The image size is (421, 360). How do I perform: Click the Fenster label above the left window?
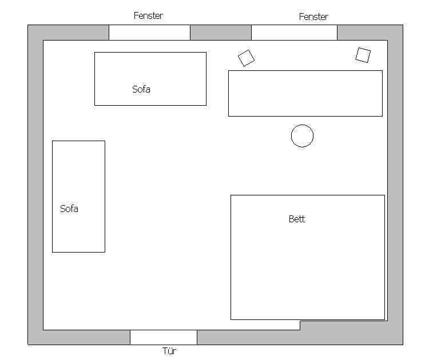click(x=148, y=15)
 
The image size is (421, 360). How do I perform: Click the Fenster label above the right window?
click(x=313, y=17)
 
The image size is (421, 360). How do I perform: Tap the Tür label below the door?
click(x=169, y=351)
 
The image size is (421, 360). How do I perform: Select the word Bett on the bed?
click(x=297, y=219)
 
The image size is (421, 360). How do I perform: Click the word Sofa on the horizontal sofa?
click(x=141, y=89)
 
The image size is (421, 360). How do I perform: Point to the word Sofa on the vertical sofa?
click(x=69, y=209)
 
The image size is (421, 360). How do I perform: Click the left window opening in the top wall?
click(x=149, y=33)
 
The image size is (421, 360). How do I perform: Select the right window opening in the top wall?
click(x=294, y=33)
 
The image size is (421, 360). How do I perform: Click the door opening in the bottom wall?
click(x=164, y=337)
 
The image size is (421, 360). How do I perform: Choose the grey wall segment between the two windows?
click(x=221, y=33)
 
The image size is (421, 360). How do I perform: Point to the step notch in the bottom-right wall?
click(x=300, y=321)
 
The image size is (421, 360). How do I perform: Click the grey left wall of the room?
click(x=35, y=185)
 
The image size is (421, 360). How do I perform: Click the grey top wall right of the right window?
click(x=370, y=33)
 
